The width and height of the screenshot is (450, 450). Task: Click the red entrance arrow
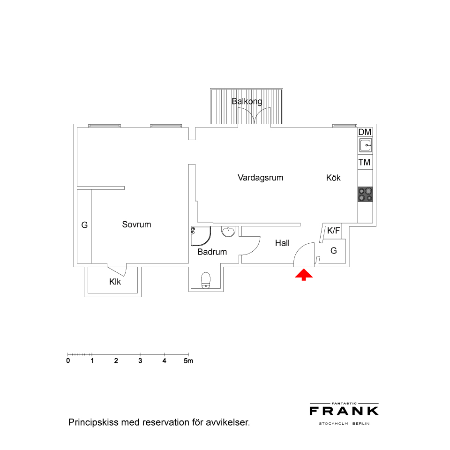(304, 275)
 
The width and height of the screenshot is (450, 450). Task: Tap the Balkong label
(247, 101)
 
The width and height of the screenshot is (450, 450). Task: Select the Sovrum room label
(136, 225)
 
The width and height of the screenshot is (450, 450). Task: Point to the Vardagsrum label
(260, 178)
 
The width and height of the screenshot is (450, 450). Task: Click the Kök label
(333, 178)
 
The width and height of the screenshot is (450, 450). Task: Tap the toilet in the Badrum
(206, 280)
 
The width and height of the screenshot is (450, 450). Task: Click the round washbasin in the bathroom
(228, 231)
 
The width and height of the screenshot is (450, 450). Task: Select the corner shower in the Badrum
(201, 236)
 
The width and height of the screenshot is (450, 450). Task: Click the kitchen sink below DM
(365, 145)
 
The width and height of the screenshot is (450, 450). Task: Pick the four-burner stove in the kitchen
(365, 194)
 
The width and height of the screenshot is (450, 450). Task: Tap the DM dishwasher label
(365, 132)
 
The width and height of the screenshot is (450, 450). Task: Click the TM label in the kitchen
(364, 163)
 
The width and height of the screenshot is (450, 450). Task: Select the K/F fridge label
(333, 231)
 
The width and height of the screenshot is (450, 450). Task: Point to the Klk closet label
(115, 282)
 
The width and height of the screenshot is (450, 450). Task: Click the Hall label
(282, 243)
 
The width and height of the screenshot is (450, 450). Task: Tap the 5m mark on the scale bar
(188, 361)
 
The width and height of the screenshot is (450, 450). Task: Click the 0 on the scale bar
(68, 361)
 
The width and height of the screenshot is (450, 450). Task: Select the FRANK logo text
(344, 411)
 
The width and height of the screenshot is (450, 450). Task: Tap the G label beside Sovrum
(84, 225)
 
